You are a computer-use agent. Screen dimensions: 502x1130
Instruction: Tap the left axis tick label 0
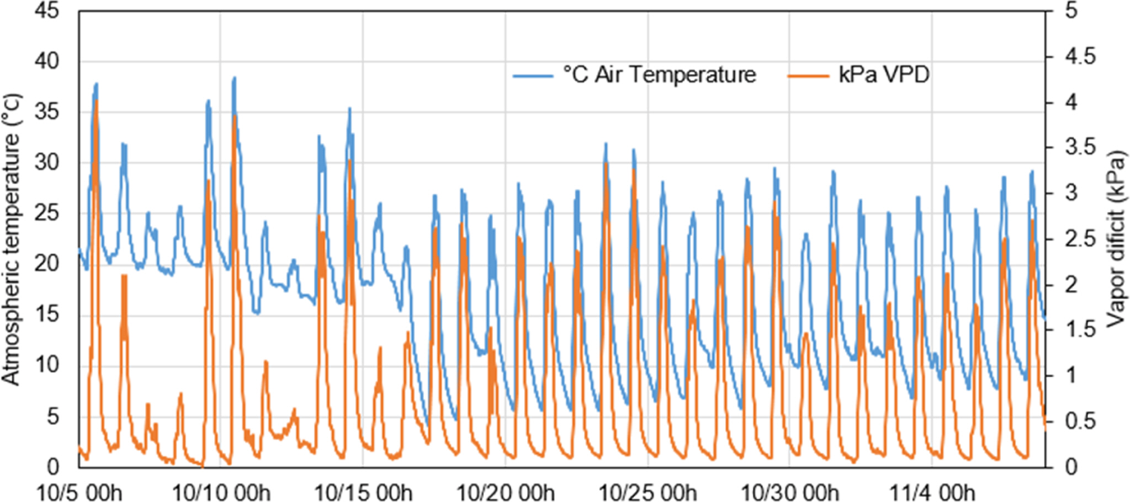(52, 467)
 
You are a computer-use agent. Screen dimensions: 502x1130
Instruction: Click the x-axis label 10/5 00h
(79, 492)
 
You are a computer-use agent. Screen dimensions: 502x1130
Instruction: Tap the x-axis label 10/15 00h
(363, 492)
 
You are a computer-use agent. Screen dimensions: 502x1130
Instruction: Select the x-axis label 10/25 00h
(648, 492)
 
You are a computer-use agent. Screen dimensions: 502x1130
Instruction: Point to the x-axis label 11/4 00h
(932, 492)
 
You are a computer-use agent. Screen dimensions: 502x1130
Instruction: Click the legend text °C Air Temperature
(659, 74)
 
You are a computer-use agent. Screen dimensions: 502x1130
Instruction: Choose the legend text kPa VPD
(884, 74)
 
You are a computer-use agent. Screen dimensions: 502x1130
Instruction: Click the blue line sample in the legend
(533, 76)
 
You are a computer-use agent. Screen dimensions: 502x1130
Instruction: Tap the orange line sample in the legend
(808, 76)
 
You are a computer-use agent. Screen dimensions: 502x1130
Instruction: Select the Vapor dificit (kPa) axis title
(1116, 239)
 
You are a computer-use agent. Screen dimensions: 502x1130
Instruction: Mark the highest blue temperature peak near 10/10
(234, 78)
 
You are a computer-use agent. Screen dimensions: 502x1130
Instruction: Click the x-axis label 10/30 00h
(789, 492)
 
